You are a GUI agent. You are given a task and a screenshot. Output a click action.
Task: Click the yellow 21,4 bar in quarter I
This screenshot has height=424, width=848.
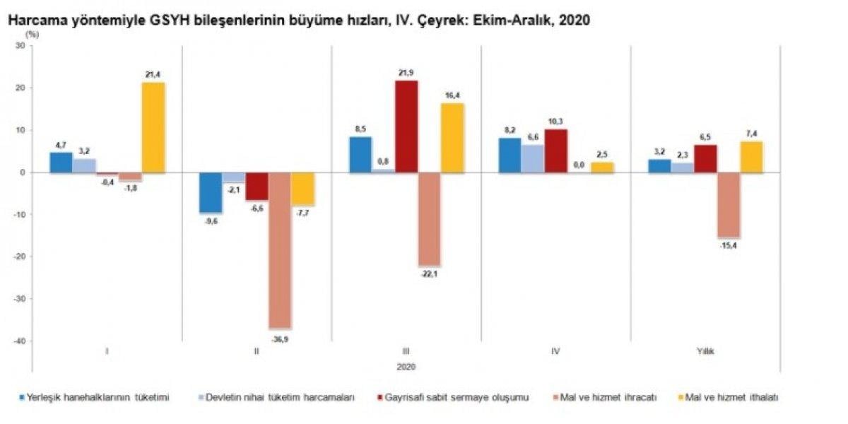[x=153, y=128]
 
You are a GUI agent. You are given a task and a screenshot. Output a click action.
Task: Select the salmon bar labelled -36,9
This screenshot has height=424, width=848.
[x=280, y=250]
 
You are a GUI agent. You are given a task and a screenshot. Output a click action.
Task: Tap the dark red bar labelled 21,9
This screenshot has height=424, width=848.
[x=406, y=126]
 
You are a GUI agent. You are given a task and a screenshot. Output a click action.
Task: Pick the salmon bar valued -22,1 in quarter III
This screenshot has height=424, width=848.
[x=429, y=219]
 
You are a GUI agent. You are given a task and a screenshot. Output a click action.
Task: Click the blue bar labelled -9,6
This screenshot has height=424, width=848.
[x=211, y=192]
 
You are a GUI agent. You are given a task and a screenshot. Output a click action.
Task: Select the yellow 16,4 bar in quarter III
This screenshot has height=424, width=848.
[x=452, y=138]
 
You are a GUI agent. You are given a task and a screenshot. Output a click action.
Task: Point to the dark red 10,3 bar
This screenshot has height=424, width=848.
[x=555, y=151]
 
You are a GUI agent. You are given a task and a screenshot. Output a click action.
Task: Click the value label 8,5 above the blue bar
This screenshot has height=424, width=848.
[x=360, y=129]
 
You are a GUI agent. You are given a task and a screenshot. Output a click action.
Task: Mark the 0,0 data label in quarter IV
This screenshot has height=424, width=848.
[x=579, y=165]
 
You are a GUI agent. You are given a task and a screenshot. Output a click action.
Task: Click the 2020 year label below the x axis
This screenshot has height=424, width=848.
[x=406, y=367]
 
